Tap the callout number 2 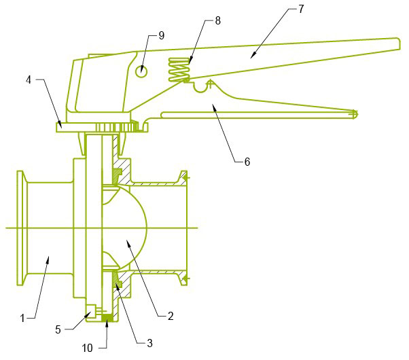170,316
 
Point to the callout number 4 29,80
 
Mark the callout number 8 217,20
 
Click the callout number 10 88,348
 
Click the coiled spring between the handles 179,70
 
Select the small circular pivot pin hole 140,70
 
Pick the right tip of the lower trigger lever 355,113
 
